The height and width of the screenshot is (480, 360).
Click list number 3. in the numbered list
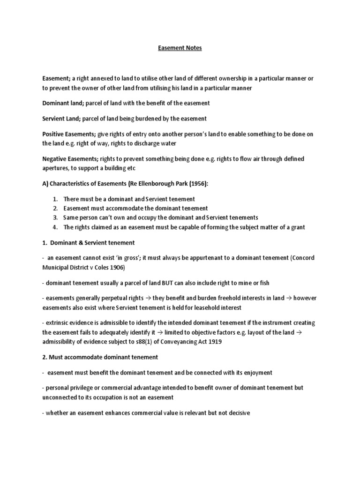(x=55, y=217)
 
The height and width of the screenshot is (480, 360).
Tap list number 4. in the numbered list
(x=55, y=227)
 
